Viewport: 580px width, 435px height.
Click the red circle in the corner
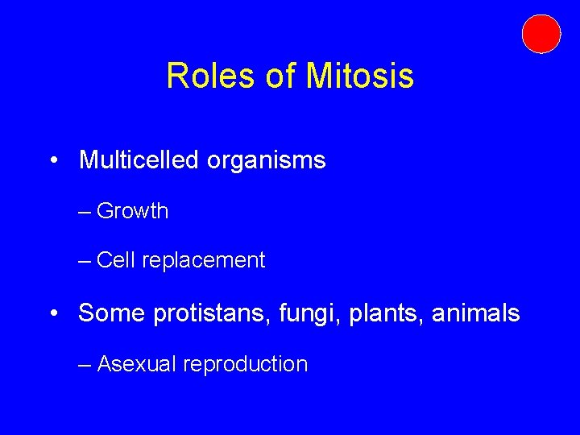(541, 34)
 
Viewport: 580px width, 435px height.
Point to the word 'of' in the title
(280, 77)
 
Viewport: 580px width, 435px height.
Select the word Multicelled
(139, 160)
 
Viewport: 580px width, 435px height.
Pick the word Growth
(132, 211)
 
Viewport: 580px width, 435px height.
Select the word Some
(108, 313)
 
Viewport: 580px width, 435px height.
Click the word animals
(475, 313)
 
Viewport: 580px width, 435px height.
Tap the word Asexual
(137, 364)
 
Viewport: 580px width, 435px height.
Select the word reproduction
(245, 365)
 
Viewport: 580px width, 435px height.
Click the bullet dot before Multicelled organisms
(52, 161)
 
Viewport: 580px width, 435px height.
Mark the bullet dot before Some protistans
(52, 313)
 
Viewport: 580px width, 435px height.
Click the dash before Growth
(85, 212)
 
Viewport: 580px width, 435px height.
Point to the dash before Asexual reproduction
(85, 365)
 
